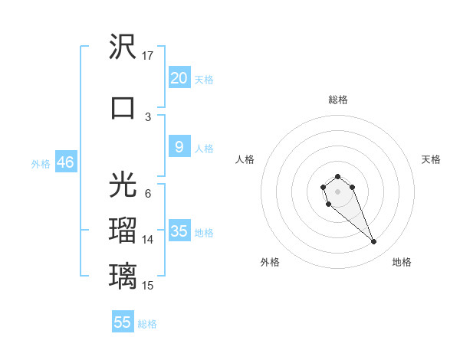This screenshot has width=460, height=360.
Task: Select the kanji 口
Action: pyautogui.click(x=123, y=107)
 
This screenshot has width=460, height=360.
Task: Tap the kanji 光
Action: pyautogui.click(x=123, y=185)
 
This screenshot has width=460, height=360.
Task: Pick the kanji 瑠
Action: pyautogui.click(x=123, y=230)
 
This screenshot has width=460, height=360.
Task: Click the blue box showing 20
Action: pyautogui.click(x=179, y=77)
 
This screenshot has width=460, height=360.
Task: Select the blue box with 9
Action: pyautogui.click(x=179, y=147)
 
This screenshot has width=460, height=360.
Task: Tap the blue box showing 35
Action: pyautogui.click(x=179, y=231)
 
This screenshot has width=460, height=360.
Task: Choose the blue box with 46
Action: pyautogui.click(x=65, y=162)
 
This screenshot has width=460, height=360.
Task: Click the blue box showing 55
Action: pyautogui.click(x=123, y=322)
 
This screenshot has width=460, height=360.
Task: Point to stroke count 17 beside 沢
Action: pyautogui.click(x=148, y=56)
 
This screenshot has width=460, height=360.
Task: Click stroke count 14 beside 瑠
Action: pyautogui.click(x=148, y=240)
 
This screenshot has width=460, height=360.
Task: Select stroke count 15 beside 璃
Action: pyautogui.click(x=148, y=286)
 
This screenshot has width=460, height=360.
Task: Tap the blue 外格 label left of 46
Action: pyautogui.click(x=41, y=163)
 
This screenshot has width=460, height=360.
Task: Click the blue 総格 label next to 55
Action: pyautogui.click(x=147, y=323)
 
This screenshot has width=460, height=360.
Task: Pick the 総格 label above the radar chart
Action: pyautogui.click(x=337, y=100)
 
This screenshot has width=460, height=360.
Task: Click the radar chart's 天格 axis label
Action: pyautogui.click(x=431, y=159)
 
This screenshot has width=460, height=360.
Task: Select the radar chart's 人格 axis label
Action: pyautogui.click(x=245, y=159)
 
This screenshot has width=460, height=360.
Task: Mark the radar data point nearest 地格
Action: pyautogui.click(x=374, y=242)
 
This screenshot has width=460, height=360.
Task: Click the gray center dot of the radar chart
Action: pyautogui.click(x=337, y=191)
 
